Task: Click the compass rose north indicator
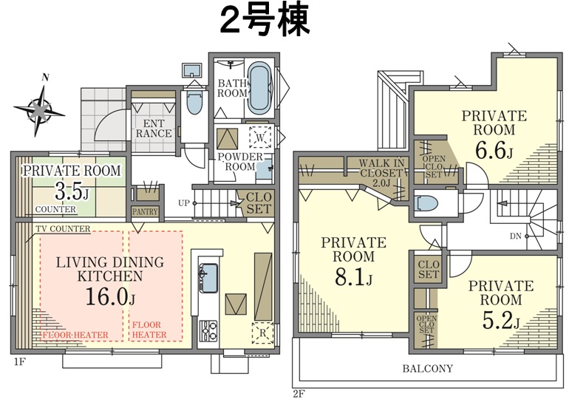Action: pyautogui.click(x=40, y=108)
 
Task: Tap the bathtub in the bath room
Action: pyautogui.click(x=260, y=89)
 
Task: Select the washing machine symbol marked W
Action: pyautogui.click(x=260, y=137)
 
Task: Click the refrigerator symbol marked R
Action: pyautogui.click(x=263, y=333)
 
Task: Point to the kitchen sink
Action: pyautogui.click(x=208, y=279)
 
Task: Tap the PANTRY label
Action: pyautogui.click(x=145, y=211)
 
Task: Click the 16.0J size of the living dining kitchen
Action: pyautogui.click(x=110, y=296)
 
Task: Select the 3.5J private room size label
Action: pyautogui.click(x=72, y=191)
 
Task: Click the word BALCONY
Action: pyautogui.click(x=427, y=369)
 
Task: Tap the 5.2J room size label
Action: pyautogui.click(x=501, y=320)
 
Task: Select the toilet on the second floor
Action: pyautogui.click(x=427, y=203)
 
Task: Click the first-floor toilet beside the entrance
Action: pyautogui.click(x=194, y=102)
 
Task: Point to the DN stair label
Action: pyautogui.click(x=515, y=236)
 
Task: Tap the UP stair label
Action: pyautogui.click(x=184, y=203)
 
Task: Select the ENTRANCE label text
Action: pyautogui.click(x=154, y=129)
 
